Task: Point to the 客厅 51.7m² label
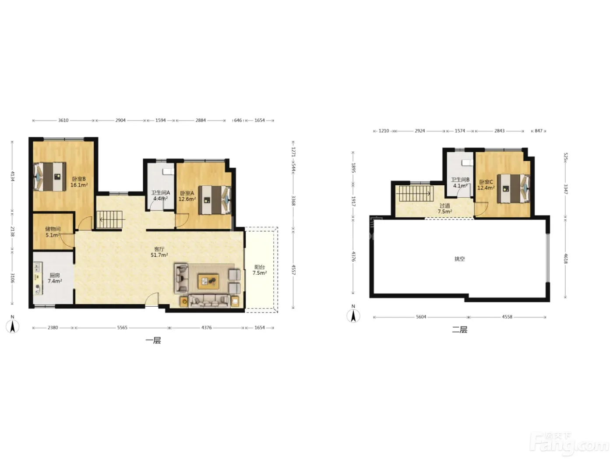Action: pyautogui.click(x=159, y=252)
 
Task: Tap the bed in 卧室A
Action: pyautogui.click(x=215, y=200)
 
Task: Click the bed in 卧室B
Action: pyautogui.click(x=50, y=177)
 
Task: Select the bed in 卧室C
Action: pyautogui.click(x=513, y=188)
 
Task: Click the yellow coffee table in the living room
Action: pyautogui.click(x=208, y=282)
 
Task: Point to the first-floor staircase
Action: pyautogui.click(x=110, y=219)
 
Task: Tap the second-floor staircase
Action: pyautogui.click(x=416, y=193)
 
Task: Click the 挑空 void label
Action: pyautogui.click(x=460, y=259)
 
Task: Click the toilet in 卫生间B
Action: pyautogui.click(x=467, y=163)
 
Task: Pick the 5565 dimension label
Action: pyautogui.click(x=122, y=328)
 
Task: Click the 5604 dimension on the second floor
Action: pyautogui.click(x=421, y=317)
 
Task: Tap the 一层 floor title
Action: pyautogui.click(x=153, y=340)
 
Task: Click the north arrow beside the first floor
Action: pyautogui.click(x=13, y=326)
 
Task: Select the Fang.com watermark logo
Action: pyautogui.click(x=569, y=443)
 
